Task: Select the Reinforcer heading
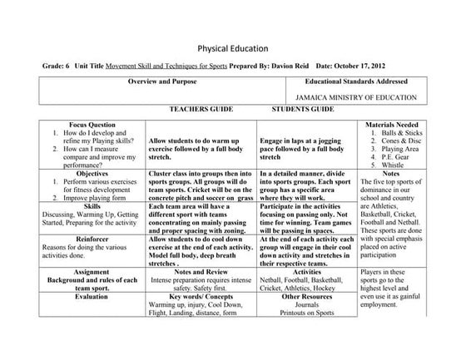81,237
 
